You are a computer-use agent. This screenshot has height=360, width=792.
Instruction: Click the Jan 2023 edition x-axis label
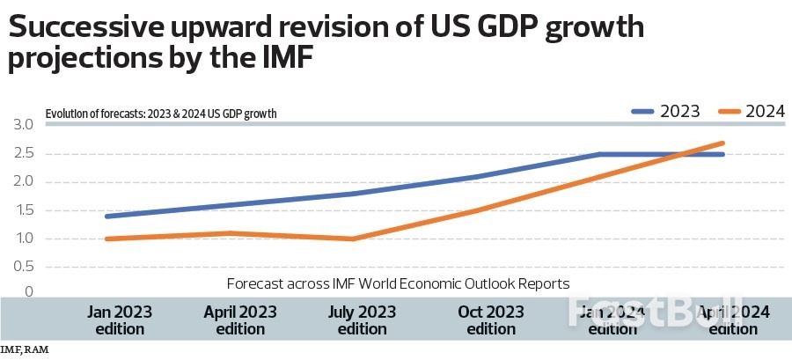(x=121, y=320)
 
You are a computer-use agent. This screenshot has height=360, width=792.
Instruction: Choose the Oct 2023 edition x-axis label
(x=491, y=320)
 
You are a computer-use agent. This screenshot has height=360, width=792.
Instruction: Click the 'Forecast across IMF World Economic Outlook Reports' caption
(x=398, y=283)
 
